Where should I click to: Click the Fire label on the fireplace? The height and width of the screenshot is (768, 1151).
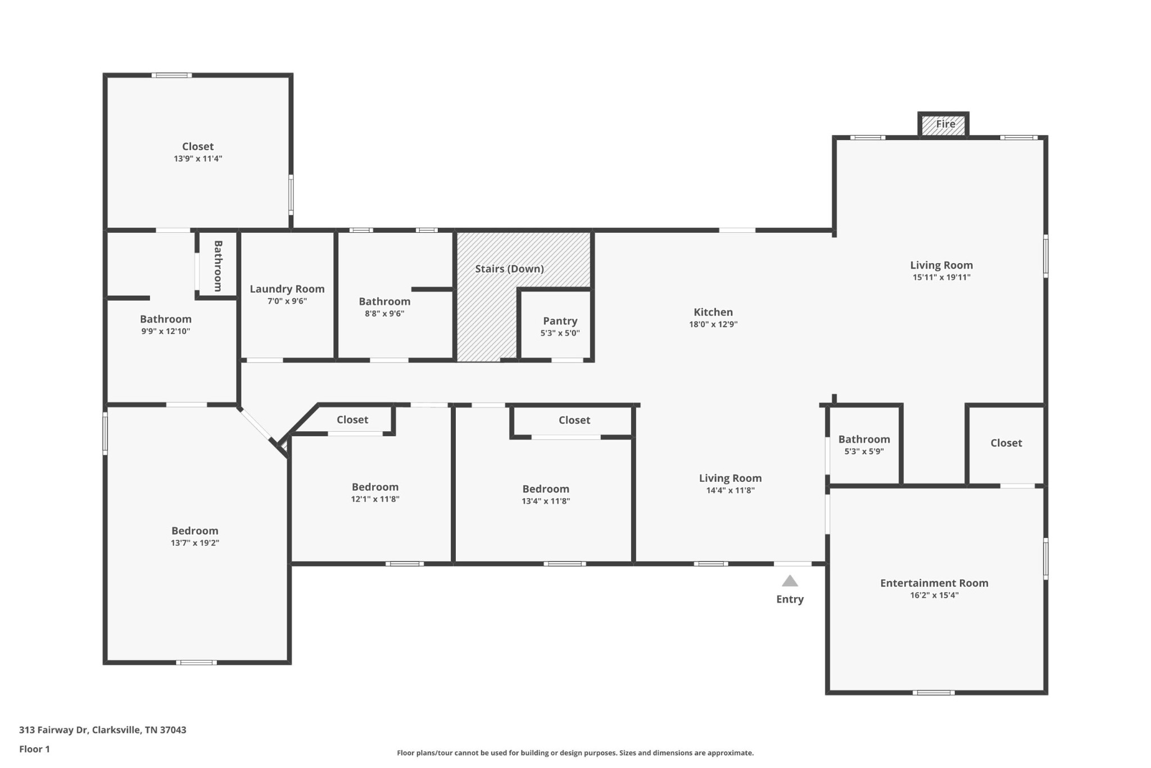click(x=945, y=124)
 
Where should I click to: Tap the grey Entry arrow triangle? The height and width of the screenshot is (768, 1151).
click(x=790, y=581)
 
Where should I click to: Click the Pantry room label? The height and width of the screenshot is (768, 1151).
click(x=560, y=321)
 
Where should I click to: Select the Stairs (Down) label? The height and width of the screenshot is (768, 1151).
click(x=509, y=269)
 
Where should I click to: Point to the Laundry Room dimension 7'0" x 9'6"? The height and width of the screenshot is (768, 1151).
click(x=287, y=301)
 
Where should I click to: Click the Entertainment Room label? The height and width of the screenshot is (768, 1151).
click(x=934, y=583)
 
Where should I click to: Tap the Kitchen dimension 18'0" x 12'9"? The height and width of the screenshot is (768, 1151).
click(x=713, y=324)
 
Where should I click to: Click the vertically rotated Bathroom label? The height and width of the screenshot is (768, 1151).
click(x=218, y=266)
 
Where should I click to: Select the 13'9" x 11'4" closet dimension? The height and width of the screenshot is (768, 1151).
click(x=198, y=159)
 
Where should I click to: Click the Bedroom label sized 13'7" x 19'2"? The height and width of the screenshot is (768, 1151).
click(x=194, y=531)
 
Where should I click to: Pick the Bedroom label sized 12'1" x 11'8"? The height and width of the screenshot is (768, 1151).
click(x=375, y=487)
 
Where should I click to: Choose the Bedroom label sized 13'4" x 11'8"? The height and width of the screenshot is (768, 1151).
click(x=546, y=489)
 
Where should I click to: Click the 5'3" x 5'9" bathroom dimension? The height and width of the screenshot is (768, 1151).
click(x=864, y=451)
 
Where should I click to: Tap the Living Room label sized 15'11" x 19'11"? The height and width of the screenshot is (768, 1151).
click(x=941, y=265)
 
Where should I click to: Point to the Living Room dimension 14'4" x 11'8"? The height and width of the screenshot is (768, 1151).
click(x=730, y=490)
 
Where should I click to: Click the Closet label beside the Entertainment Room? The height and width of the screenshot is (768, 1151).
click(x=1006, y=443)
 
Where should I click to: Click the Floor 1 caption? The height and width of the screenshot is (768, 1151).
click(x=34, y=749)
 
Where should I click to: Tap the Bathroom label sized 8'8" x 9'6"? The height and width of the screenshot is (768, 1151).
click(x=384, y=301)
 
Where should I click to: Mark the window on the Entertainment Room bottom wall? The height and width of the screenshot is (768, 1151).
click(x=933, y=693)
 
